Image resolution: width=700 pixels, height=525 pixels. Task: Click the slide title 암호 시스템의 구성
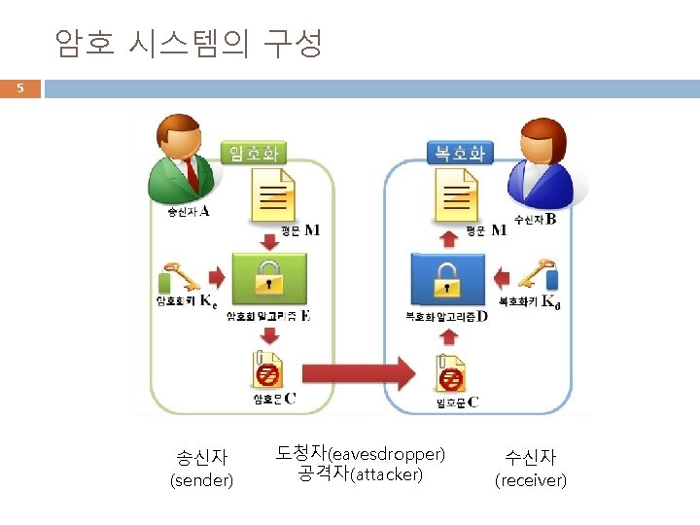point(188,43)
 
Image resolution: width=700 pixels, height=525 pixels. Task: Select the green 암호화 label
point(254,153)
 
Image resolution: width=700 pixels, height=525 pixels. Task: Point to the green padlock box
point(268,277)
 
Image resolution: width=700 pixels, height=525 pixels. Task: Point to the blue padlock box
point(447,277)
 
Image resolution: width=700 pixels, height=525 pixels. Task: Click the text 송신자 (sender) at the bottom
point(201,468)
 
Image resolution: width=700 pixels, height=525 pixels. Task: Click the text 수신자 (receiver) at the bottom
point(531,468)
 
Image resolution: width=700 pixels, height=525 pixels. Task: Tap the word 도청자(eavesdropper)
point(360,453)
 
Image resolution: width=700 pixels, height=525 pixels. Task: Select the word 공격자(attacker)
point(360,474)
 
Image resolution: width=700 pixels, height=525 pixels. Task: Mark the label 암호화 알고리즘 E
point(268,317)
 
